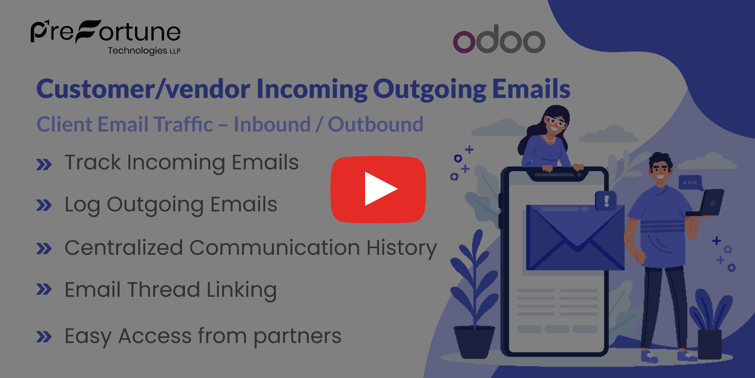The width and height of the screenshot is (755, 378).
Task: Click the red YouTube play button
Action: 378,189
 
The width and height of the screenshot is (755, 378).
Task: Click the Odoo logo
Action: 499,39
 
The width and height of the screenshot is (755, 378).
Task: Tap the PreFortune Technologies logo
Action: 105,37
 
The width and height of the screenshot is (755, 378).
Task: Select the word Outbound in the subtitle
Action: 376,124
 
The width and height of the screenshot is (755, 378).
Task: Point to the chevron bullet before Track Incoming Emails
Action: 44,164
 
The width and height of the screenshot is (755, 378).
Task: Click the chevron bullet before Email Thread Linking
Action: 44,289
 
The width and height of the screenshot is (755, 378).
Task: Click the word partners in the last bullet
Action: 297,337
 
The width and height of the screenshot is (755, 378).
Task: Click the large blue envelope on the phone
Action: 575,237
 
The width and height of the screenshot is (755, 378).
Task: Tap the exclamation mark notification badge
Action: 606,201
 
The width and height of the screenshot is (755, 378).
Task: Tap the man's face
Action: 661,170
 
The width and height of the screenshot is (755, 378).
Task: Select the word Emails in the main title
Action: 531,89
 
